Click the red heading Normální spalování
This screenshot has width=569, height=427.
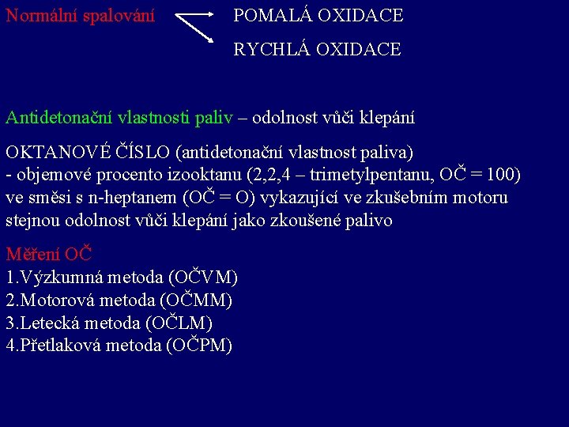coord(80,15)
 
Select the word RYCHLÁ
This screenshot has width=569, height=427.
coord(271,49)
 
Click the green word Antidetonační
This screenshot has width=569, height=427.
coord(59,118)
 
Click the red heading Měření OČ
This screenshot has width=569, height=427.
coord(49,255)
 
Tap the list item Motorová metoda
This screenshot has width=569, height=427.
coord(87,300)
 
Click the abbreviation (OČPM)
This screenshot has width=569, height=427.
coord(200,346)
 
